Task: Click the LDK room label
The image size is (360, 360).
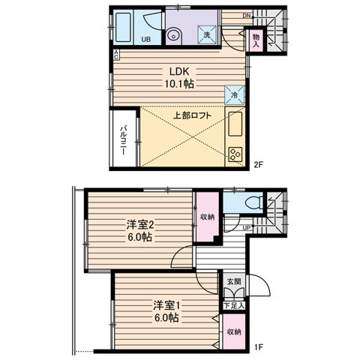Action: click(x=179, y=72)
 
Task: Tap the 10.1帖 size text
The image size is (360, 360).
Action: click(x=179, y=84)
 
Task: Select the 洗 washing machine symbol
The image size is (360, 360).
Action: click(x=207, y=34)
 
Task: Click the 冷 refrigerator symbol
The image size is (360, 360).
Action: click(x=234, y=94)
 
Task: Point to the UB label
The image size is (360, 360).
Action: click(x=146, y=39)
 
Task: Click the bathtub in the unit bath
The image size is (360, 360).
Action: click(x=124, y=28)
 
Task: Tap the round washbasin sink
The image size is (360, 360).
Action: click(x=173, y=36)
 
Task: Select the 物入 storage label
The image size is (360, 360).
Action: click(x=256, y=41)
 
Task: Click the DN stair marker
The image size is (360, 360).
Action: click(x=247, y=16)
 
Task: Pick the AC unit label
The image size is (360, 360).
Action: click(x=116, y=55)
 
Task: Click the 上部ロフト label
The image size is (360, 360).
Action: click(x=192, y=115)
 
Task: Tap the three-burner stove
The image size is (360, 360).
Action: click(x=235, y=154)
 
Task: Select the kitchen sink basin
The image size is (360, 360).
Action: click(x=235, y=124)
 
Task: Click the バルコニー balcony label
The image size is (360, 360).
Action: click(x=123, y=140)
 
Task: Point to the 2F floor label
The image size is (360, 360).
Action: click(x=258, y=164)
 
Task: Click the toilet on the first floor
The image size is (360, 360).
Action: click(x=253, y=202)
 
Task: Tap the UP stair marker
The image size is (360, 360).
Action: click(x=247, y=228)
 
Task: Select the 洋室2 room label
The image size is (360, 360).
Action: click(x=140, y=225)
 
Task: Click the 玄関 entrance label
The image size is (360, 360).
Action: click(x=234, y=281)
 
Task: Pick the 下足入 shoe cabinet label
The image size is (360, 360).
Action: click(x=234, y=305)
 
